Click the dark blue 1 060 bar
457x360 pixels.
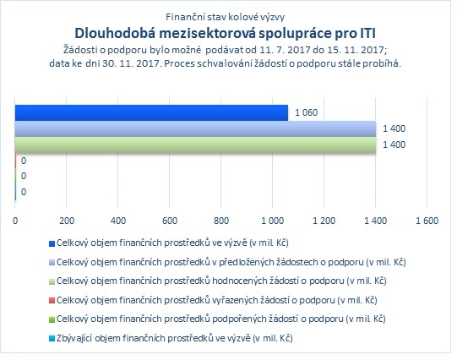[x=151, y=112]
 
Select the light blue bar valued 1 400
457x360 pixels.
[x=196, y=128]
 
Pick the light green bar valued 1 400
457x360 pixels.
[x=196, y=145]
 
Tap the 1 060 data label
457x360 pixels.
[x=306, y=112]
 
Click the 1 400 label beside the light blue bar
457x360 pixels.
[x=394, y=128]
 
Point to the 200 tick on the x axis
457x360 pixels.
[x=67, y=221]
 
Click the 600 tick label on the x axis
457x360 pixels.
[x=170, y=221]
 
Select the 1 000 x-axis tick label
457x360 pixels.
[x=273, y=221]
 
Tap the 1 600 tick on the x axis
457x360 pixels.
[x=427, y=221]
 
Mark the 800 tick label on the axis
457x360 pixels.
[x=221, y=221]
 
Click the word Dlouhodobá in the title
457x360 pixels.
[x=116, y=33]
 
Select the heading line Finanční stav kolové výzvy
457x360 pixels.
[x=225, y=17]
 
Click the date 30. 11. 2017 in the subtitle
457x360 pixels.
[x=132, y=63]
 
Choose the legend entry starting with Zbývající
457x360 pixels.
[x=171, y=338]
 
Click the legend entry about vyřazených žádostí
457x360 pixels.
[x=213, y=300]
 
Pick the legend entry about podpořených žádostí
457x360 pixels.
[x=217, y=319]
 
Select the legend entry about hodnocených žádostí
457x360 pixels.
[x=218, y=281]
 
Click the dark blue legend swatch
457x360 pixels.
[x=52, y=243]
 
